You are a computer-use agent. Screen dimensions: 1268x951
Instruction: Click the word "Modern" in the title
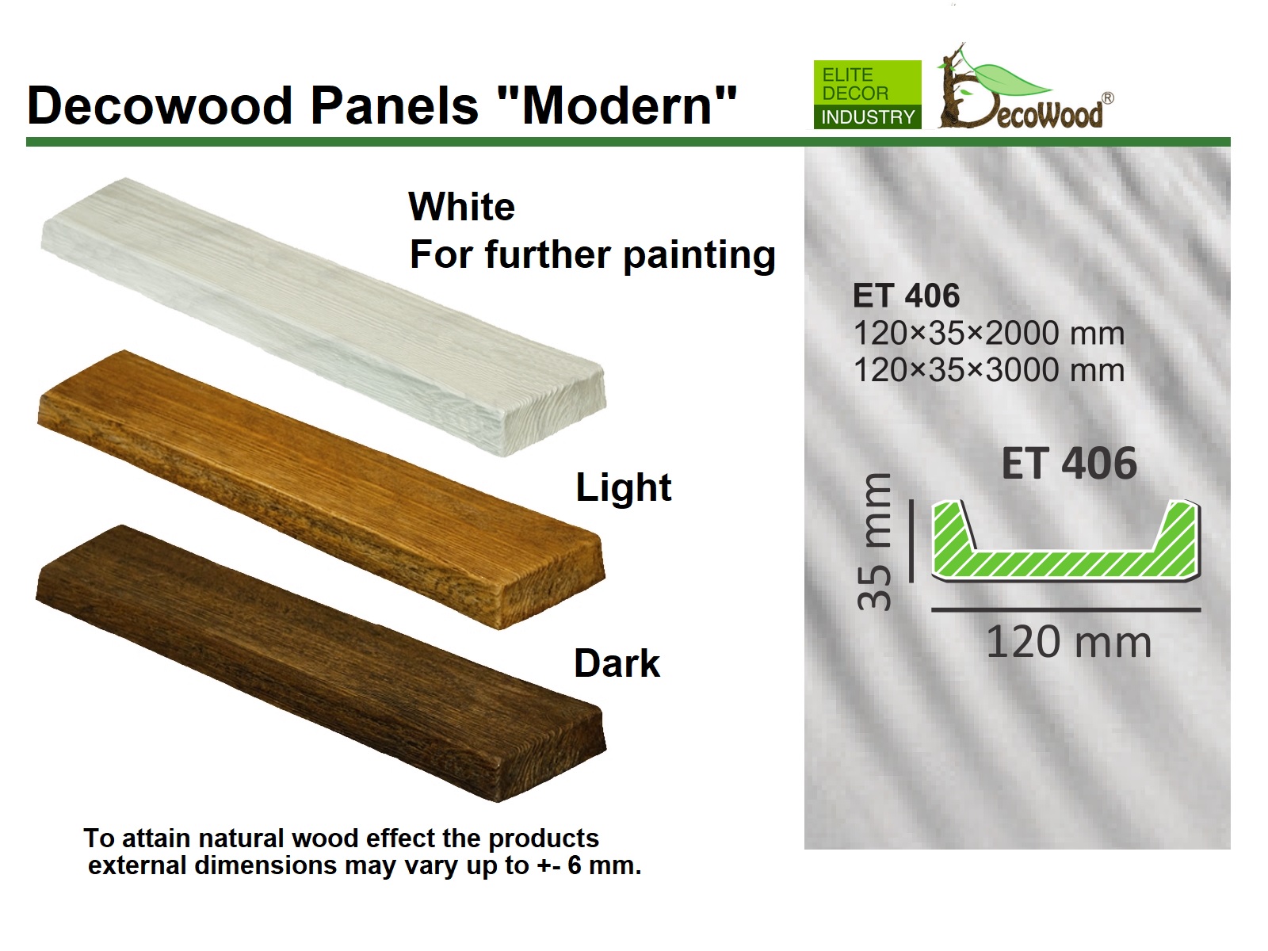click(617, 105)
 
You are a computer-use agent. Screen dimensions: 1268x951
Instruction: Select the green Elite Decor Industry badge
click(867, 94)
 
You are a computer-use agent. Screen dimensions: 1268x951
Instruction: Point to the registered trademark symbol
click(1107, 98)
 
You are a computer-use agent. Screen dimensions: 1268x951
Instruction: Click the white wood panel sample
click(323, 317)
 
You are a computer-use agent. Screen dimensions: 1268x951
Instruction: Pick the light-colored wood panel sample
click(321, 489)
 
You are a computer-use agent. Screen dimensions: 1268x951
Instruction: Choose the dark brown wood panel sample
click(321, 663)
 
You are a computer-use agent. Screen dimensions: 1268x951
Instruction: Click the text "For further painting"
click(592, 254)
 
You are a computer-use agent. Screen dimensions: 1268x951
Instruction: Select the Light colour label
click(624, 487)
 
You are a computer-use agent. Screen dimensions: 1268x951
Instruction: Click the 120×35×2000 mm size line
click(989, 333)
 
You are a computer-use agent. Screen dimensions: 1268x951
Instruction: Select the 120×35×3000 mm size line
click(989, 370)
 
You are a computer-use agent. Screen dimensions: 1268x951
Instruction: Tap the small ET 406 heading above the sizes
click(906, 296)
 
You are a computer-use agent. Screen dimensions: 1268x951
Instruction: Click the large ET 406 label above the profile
click(1069, 464)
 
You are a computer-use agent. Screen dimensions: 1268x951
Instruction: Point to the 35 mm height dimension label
click(874, 541)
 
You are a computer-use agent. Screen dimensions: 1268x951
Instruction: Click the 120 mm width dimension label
click(1069, 642)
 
